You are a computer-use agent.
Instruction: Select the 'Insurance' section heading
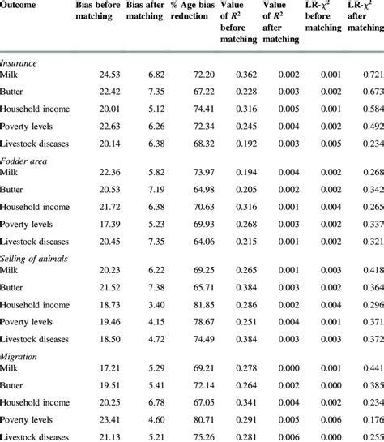coord(19,61)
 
